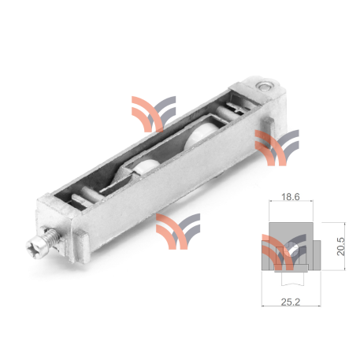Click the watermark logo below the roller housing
tap(178, 229)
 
